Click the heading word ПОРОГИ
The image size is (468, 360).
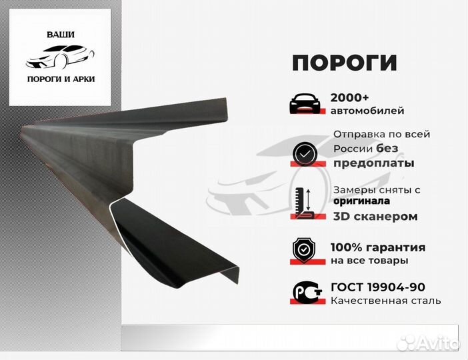344,62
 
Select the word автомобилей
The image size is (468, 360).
367,111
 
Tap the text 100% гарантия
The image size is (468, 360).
377,247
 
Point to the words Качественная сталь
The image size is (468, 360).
385,301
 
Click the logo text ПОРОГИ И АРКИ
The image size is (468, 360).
61,79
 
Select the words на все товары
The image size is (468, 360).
369,261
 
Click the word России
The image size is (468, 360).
353,149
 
